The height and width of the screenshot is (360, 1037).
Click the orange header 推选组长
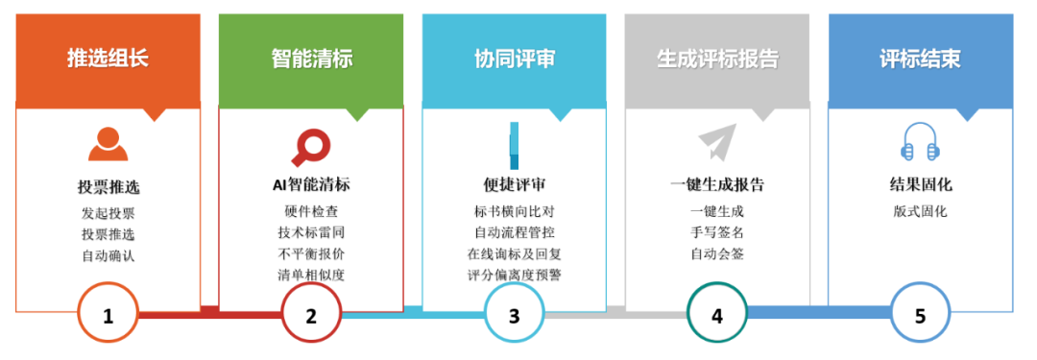click(x=108, y=59)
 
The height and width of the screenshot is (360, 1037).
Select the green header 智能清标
click(x=311, y=59)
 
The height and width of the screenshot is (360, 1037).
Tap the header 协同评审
click(x=514, y=59)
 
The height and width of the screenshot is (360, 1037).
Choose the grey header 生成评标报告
click(x=717, y=59)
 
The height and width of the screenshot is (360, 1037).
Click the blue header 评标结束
click(x=920, y=59)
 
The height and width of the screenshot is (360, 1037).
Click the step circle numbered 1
click(x=108, y=315)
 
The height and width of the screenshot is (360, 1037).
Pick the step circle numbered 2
click(x=311, y=315)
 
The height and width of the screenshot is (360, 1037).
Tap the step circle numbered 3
click(x=514, y=315)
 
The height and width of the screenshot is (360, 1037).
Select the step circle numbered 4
click(x=717, y=315)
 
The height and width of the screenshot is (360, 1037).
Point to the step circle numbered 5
click(x=920, y=315)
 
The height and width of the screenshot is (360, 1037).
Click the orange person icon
click(x=108, y=144)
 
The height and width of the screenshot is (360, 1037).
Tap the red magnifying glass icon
click(x=310, y=147)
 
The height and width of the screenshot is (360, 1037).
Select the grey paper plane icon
click(x=717, y=142)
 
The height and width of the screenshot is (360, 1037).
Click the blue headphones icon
click(x=920, y=143)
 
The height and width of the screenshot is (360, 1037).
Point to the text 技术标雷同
click(x=311, y=232)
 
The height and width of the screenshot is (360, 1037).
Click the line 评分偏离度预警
click(x=514, y=276)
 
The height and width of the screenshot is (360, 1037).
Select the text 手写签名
click(x=717, y=232)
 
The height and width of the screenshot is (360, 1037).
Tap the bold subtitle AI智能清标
click(x=311, y=185)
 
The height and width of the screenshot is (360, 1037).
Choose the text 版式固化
click(x=920, y=211)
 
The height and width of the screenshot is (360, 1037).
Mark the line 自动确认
click(x=108, y=255)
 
